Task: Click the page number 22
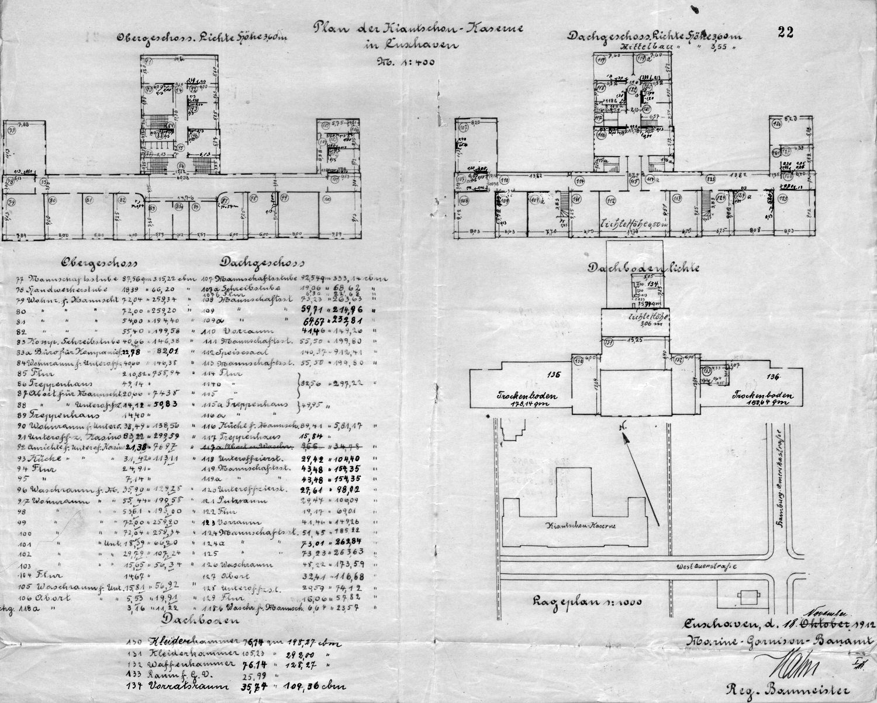pyautogui.click(x=786, y=33)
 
